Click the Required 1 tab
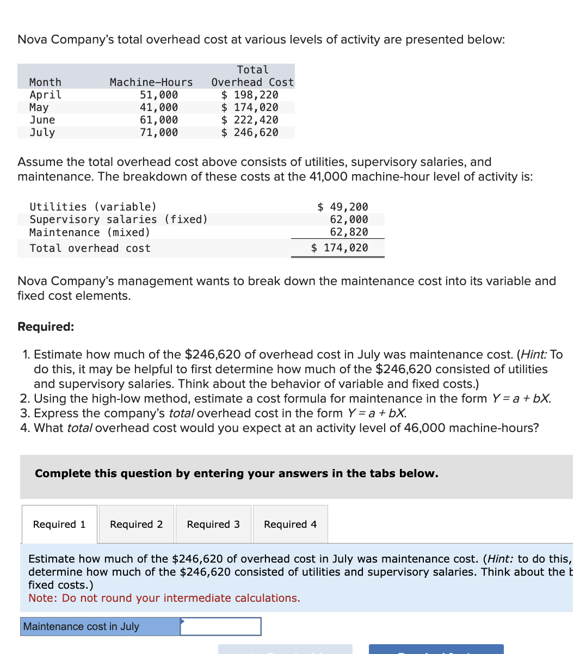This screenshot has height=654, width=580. click(59, 524)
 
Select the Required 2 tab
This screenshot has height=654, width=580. click(137, 524)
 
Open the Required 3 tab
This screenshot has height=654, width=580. click(213, 524)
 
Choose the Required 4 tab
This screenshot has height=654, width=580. click(290, 524)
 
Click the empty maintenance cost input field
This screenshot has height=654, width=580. click(220, 626)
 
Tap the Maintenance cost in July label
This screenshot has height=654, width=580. click(82, 626)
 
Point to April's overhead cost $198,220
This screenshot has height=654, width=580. click(250, 95)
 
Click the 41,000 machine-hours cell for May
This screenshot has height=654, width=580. click(158, 107)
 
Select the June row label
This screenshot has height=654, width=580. click(42, 120)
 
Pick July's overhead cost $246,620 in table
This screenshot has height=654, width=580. click(250, 132)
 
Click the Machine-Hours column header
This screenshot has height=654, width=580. click(151, 82)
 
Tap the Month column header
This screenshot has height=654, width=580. click(45, 82)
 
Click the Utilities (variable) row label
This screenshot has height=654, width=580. click(93, 207)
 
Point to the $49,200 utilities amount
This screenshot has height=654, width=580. click(343, 207)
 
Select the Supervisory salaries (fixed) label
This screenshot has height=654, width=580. click(119, 219)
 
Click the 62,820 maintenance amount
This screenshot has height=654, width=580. click(349, 232)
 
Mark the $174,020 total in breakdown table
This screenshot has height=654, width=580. click(340, 248)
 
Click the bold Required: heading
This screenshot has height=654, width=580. click(46, 326)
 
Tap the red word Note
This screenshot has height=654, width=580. click(41, 598)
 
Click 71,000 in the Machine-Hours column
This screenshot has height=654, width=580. click(158, 132)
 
